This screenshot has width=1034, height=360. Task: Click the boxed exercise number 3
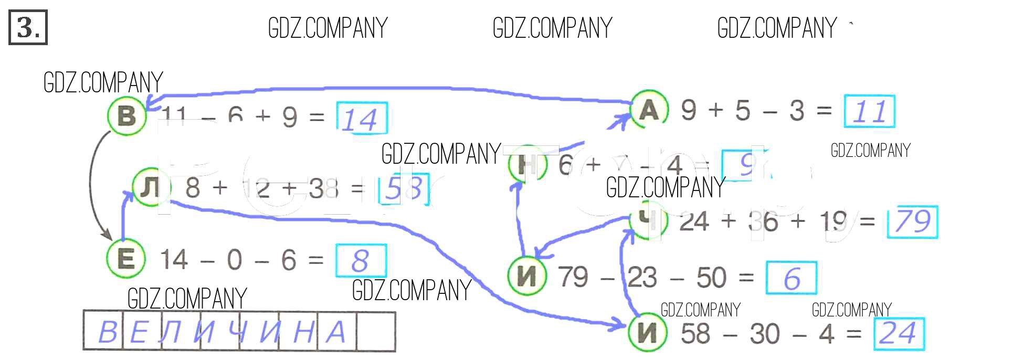coord(28,27)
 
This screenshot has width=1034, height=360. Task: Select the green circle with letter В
coord(126,116)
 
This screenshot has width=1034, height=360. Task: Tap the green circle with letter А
coord(649,110)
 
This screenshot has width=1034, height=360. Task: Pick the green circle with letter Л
coord(152,187)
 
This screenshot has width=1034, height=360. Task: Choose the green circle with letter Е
coord(126,259)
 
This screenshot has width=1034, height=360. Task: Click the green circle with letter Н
coord(527,165)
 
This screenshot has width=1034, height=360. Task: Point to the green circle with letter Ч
coord(649,220)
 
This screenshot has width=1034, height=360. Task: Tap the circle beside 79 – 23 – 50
coord(527,276)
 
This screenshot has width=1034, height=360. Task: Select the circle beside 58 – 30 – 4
coord(648,333)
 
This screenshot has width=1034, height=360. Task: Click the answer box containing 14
coord(362,119)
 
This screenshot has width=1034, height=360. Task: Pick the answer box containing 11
coord(869,111)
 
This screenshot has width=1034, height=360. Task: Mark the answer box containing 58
coord(403,188)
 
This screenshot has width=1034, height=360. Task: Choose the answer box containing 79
coord(912,221)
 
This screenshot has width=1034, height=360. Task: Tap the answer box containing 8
coord(361,260)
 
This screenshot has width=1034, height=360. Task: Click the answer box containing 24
coord(899,334)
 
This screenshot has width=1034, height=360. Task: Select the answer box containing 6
coord(791,278)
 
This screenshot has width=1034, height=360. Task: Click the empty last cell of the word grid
coord(376,332)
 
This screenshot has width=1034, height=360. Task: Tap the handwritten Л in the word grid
coord(171,332)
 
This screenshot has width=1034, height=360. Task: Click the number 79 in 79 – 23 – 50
coord(573,277)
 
